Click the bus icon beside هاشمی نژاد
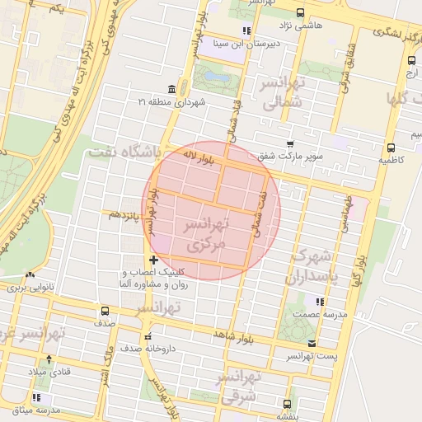[299, 12]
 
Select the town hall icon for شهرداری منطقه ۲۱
[171, 89]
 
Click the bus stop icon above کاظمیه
[390, 148]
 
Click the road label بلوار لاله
[199, 157]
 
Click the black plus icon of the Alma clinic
[153, 260]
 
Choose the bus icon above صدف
[105, 312]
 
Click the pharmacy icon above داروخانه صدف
[148, 336]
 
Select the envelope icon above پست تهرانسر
[311, 343]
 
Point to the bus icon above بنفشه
[287, 404]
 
